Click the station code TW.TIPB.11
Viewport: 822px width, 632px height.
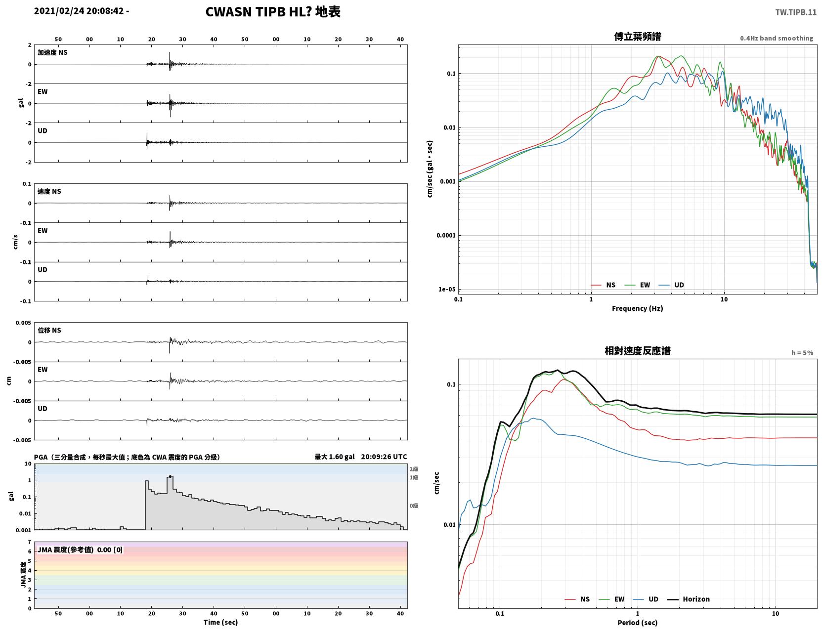(x=795, y=12)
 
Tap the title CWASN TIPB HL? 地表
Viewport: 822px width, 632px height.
(x=272, y=12)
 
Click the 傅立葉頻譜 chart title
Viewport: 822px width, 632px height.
(x=637, y=37)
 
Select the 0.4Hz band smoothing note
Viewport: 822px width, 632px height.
(x=776, y=38)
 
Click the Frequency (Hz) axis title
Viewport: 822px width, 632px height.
(x=637, y=308)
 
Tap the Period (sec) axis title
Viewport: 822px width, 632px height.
(x=637, y=623)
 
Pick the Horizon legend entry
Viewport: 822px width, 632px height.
(x=688, y=599)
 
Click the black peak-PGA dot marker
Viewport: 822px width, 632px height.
(x=170, y=477)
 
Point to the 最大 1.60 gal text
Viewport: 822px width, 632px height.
(x=335, y=457)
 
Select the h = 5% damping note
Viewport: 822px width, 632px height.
(x=802, y=353)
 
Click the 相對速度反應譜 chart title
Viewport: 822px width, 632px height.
(x=637, y=351)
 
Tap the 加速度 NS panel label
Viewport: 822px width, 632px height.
(x=52, y=52)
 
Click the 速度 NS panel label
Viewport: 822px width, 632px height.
(x=49, y=191)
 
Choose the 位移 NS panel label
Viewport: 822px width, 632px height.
(x=49, y=330)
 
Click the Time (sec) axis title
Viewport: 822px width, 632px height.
(x=220, y=622)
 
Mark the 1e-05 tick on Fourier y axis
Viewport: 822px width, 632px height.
(x=447, y=290)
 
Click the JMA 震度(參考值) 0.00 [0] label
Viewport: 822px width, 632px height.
(x=80, y=549)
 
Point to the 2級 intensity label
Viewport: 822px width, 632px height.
(x=414, y=469)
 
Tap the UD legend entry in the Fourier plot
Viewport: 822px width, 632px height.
(x=671, y=285)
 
